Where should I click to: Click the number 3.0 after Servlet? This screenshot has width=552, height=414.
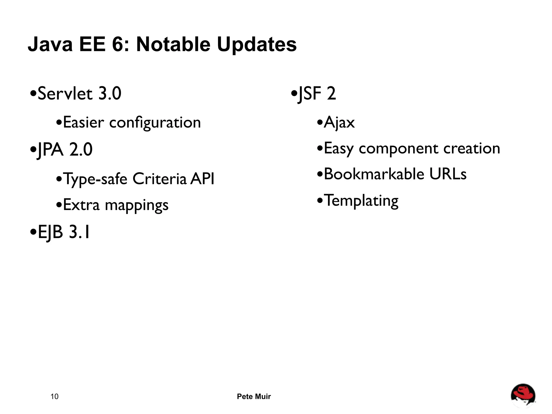(110, 94)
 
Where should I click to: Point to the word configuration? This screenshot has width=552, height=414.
(155, 123)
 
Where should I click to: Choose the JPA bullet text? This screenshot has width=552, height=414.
(65, 149)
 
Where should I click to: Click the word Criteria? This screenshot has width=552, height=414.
(160, 179)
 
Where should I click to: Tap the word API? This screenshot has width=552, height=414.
(202, 179)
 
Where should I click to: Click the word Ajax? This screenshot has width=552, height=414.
(339, 123)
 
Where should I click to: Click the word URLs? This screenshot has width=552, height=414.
(448, 174)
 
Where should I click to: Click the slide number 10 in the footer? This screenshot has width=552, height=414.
(54, 396)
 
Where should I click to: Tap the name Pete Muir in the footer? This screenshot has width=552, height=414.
(254, 396)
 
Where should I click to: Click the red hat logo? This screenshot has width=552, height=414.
(523, 395)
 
